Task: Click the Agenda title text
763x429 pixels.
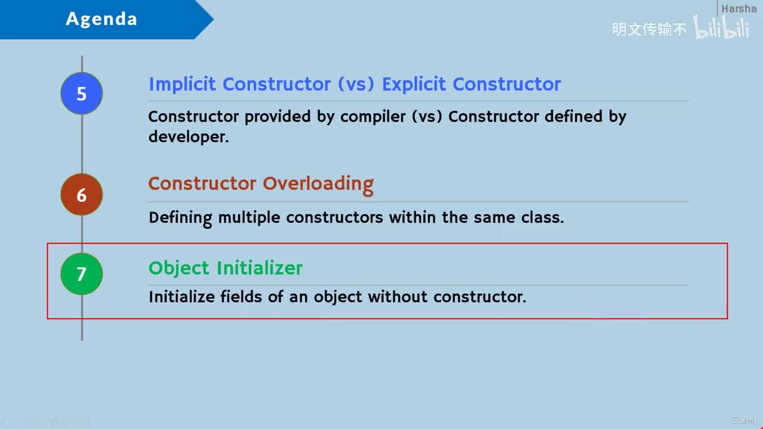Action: [x=101, y=18]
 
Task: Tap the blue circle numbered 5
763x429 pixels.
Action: [x=82, y=94]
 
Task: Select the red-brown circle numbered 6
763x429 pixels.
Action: [x=82, y=194]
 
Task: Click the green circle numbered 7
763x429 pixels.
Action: [x=82, y=273]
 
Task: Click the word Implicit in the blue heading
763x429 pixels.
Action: [x=182, y=85]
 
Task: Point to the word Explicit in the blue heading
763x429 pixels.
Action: [x=414, y=85]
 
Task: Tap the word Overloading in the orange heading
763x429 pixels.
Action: [x=318, y=185]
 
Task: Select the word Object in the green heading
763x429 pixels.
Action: [x=179, y=268]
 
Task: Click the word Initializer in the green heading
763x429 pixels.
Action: [x=259, y=268]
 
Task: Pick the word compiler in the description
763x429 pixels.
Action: [x=373, y=117]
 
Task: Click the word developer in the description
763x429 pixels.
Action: [x=188, y=137]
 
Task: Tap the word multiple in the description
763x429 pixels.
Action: [x=249, y=218]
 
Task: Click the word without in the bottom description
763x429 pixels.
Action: [x=398, y=297]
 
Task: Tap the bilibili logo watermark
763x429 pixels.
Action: [x=721, y=27]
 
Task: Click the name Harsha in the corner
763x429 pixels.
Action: [x=739, y=8]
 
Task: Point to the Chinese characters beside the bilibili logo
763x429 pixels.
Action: [x=649, y=29]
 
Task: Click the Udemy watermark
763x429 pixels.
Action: [x=745, y=420]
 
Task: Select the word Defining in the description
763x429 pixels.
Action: [x=180, y=218]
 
